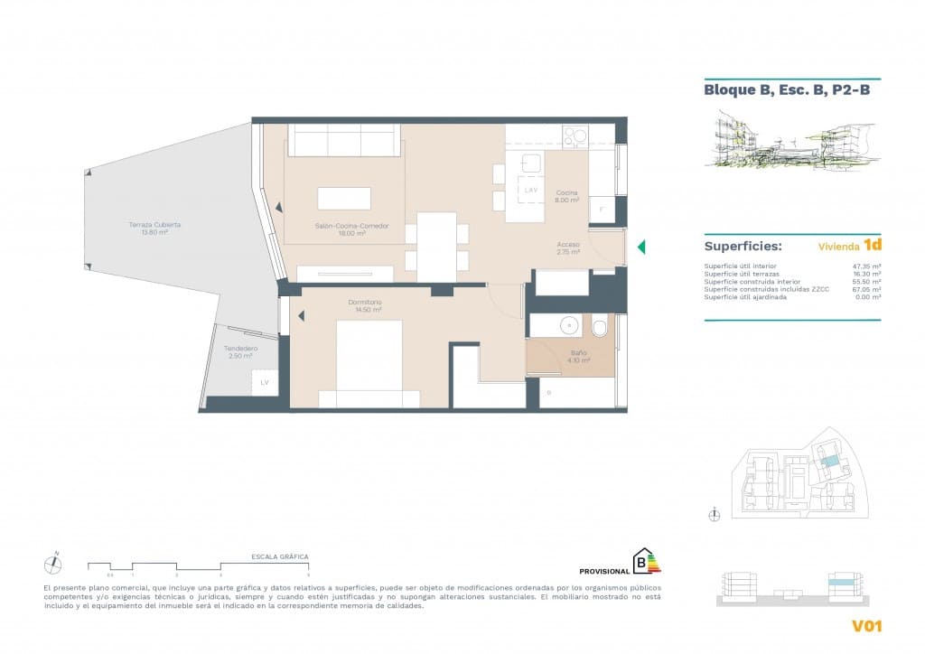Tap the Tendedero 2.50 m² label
pos(241,352)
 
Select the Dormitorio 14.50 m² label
pos(365,305)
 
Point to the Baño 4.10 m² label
pos(579,357)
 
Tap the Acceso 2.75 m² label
pos(568,248)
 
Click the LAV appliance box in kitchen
pos(530,189)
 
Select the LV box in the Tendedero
pos(265,383)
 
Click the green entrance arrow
pos(640,247)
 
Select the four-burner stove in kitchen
pos(575,136)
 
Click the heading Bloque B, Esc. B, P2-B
pos(786,89)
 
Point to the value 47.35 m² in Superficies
pos(866,266)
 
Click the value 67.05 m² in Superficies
pos(866,289)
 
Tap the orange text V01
pos(866,626)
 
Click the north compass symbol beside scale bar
pos(54,564)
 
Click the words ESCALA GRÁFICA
pos(280,557)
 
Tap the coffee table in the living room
pos(343,199)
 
